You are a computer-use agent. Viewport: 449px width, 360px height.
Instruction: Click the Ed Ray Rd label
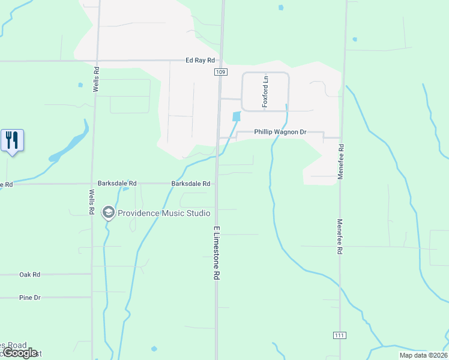(200, 61)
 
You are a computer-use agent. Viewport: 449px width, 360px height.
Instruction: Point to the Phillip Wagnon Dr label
(280, 132)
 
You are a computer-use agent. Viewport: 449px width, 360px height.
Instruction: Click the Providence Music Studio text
(164, 213)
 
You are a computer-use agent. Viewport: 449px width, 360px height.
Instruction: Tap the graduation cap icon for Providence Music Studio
(108, 212)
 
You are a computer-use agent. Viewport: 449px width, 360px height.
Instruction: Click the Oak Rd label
(29, 274)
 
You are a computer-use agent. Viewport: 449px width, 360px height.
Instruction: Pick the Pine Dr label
(29, 298)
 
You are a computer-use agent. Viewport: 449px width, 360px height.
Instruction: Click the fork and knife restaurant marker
(12, 141)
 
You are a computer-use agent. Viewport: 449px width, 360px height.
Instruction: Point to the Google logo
(20, 353)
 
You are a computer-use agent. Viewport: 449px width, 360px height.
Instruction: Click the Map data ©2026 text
(423, 355)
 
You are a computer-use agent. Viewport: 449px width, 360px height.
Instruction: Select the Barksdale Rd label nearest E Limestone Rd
(190, 184)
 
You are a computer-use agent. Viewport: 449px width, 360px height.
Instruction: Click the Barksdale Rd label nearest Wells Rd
(117, 184)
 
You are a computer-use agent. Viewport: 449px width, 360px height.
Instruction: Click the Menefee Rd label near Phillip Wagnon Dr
(340, 156)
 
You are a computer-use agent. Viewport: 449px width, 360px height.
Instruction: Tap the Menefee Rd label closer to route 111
(339, 237)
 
